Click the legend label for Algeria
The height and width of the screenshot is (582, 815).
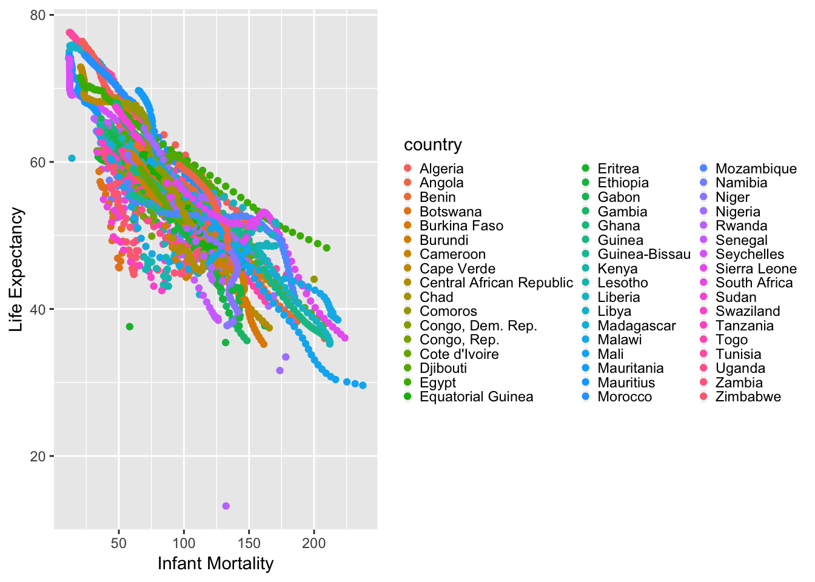(x=441, y=169)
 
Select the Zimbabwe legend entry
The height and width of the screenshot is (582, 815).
(x=748, y=396)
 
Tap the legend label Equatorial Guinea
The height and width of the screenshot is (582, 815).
(x=476, y=396)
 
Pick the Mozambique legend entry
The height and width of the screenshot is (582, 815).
(x=756, y=169)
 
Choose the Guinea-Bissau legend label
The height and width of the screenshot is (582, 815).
(x=643, y=254)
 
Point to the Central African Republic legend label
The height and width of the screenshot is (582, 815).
(x=495, y=283)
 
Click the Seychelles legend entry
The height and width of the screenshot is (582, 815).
(x=750, y=254)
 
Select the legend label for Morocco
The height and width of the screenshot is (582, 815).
(x=625, y=396)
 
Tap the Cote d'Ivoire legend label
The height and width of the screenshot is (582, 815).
(x=458, y=354)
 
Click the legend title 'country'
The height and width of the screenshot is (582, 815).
(x=432, y=144)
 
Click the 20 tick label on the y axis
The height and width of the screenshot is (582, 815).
(x=38, y=457)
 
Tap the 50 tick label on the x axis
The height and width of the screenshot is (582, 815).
(x=119, y=543)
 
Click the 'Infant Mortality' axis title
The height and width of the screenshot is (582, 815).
(x=215, y=564)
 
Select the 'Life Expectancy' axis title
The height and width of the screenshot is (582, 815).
(x=16, y=270)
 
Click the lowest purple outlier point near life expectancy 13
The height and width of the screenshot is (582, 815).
(x=226, y=506)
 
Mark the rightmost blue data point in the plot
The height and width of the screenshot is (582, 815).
(x=363, y=385)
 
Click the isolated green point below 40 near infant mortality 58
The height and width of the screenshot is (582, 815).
(x=129, y=327)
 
